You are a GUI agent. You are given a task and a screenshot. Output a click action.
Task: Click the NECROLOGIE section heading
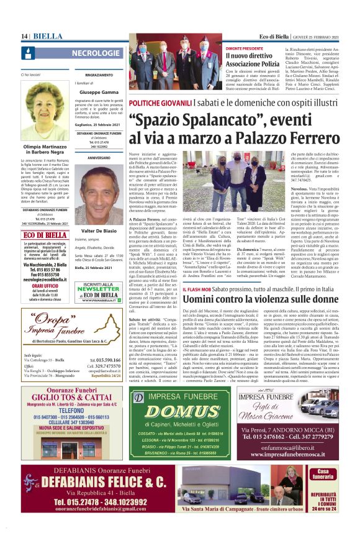tap(96, 54)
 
